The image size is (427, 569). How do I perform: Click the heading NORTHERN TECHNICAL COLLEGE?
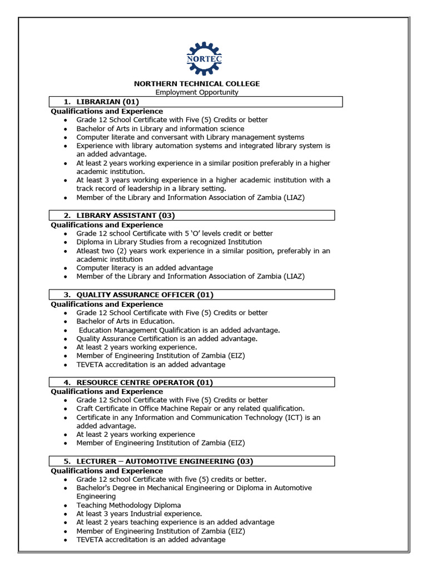(x=197, y=83)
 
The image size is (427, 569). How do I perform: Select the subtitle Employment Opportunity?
(x=197, y=92)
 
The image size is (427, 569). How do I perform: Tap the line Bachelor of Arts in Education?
(x=126, y=321)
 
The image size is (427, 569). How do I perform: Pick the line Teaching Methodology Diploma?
(x=128, y=505)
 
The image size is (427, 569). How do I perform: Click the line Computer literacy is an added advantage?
(x=145, y=268)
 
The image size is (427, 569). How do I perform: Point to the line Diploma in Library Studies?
(x=169, y=242)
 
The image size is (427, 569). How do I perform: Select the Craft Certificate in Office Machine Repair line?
(x=190, y=408)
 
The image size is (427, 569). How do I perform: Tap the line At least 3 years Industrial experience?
(x=139, y=514)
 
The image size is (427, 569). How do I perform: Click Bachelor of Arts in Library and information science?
(x=160, y=128)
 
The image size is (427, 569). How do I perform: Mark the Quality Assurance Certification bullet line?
(x=167, y=338)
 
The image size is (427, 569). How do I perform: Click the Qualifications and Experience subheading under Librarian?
(x=107, y=111)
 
